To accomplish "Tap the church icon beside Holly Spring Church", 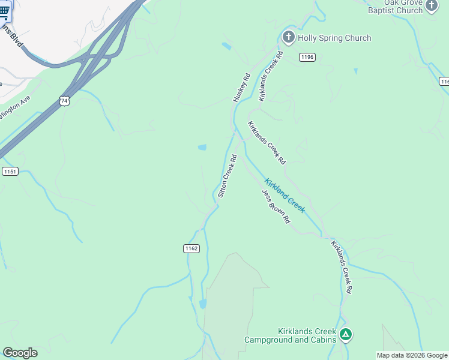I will [x=288, y=38].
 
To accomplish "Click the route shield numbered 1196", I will [x=307, y=57].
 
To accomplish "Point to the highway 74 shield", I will [x=64, y=101].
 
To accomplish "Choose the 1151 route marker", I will [x=10, y=172].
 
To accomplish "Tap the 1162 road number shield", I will [x=191, y=248].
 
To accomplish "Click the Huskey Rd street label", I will [x=241, y=88].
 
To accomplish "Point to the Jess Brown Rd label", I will [x=276, y=206].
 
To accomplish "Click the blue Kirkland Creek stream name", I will [x=285, y=195].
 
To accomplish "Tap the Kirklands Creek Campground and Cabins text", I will [x=289, y=335].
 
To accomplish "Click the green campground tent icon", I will [x=345, y=334].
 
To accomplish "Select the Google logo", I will [x=20, y=353].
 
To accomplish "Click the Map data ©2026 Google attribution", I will [x=412, y=355].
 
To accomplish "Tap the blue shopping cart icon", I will [x=5, y=10].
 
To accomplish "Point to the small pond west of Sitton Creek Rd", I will [x=202, y=147].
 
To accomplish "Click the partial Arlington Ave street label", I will [x=14, y=107].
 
